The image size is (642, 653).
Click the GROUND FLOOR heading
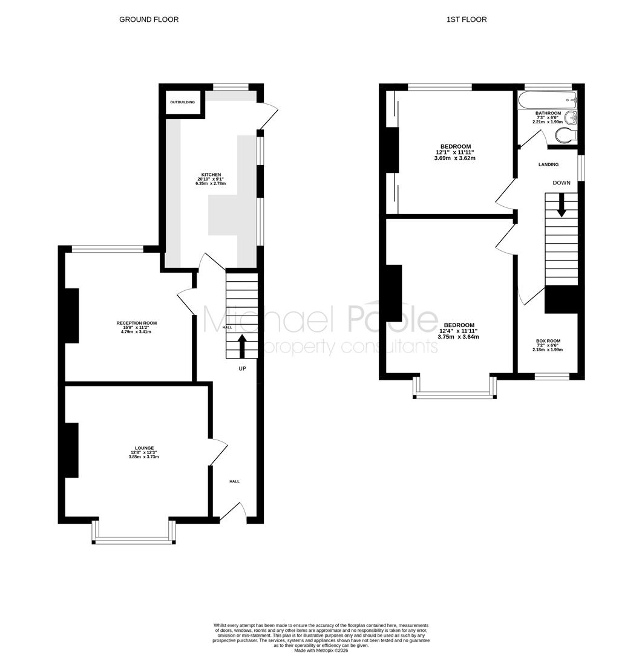149,19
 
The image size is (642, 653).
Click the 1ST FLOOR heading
467,19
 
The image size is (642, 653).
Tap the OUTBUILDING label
182,102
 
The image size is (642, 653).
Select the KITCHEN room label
211,175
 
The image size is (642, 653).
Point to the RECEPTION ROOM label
137,323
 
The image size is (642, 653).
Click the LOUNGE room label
144,448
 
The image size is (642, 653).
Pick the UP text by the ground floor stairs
242,369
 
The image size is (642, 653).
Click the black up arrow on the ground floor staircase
242,346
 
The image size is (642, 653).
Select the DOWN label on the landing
562,183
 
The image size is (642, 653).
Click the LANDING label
548,164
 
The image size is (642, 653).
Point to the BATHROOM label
548,113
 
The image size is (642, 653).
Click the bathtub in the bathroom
547,100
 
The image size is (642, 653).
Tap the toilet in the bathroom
566,135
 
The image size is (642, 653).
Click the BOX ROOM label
548,341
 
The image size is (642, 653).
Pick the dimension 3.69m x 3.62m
455,158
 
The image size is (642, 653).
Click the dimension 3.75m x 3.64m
458,337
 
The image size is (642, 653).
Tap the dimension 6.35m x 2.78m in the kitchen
211,184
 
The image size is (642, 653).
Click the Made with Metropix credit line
321,650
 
